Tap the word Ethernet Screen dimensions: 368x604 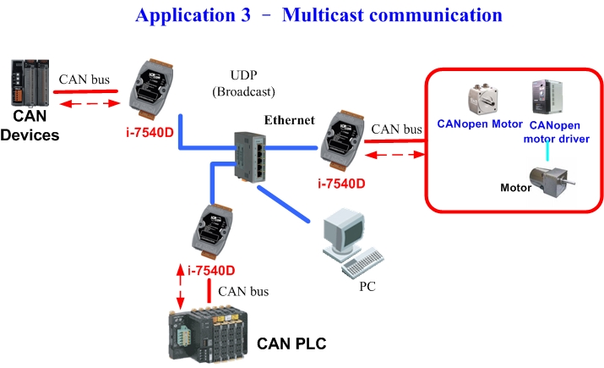[x=289, y=121]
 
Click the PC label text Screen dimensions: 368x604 [x=367, y=286]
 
